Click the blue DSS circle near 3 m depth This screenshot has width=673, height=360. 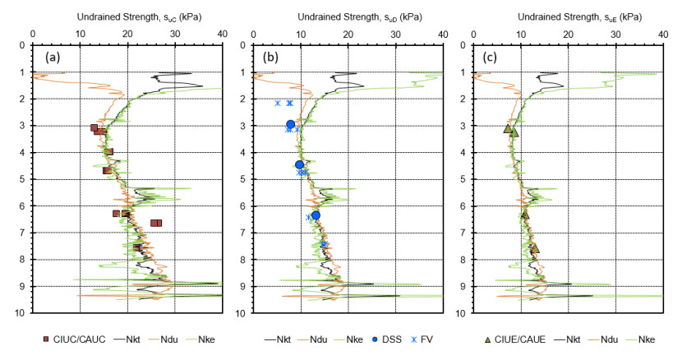[x=290, y=125]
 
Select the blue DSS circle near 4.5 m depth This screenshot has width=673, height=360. [x=300, y=165]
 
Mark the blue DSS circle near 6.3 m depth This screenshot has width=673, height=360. [x=316, y=215]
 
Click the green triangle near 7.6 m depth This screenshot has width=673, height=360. [x=535, y=248]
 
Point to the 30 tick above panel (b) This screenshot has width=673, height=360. [x=395, y=34]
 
